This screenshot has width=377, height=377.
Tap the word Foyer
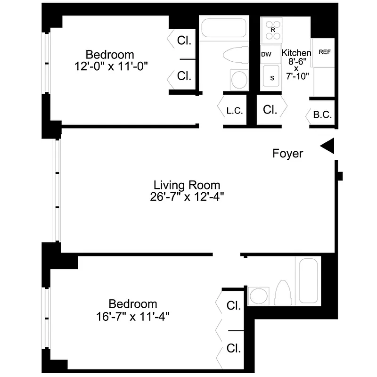coord(287,154)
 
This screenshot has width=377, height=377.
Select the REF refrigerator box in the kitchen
coord(324,53)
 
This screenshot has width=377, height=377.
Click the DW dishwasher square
coord(266,55)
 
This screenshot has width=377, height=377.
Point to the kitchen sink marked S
coord(271,78)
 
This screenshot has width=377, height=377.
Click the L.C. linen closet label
coord(234,111)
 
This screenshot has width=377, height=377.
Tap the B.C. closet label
coord(323,115)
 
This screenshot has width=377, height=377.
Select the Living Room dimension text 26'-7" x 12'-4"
coord(187,197)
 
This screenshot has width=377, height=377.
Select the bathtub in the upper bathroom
coord(224,28)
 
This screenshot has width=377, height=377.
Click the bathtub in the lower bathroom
coord(309,281)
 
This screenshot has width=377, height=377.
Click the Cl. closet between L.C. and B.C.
coord(270,110)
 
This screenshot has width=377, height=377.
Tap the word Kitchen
coord(296,53)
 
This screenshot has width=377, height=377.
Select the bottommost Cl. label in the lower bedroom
coord(234,349)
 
